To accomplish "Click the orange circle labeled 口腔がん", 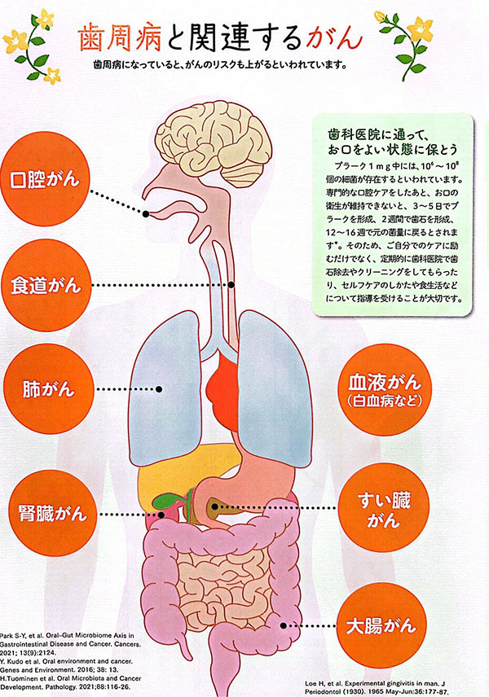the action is (x=46, y=178).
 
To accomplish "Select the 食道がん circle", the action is (x=46, y=285).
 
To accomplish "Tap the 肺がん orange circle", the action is (x=49, y=389).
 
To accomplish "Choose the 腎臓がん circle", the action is (x=52, y=514).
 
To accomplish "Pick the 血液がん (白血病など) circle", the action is (x=385, y=389).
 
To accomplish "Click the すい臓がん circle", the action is (x=384, y=507).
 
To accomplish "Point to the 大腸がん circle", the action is (x=381, y=625).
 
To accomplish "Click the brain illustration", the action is (x=217, y=142).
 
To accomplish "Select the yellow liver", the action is (x=178, y=473).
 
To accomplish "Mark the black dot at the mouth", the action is (x=146, y=214).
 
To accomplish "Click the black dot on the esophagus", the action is (x=231, y=284).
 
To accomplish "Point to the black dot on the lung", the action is (x=159, y=389).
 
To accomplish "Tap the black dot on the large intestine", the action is (x=284, y=625).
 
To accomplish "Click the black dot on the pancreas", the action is (x=214, y=506).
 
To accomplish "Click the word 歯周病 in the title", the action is (x=119, y=37).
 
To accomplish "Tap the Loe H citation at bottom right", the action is (x=376, y=688).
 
